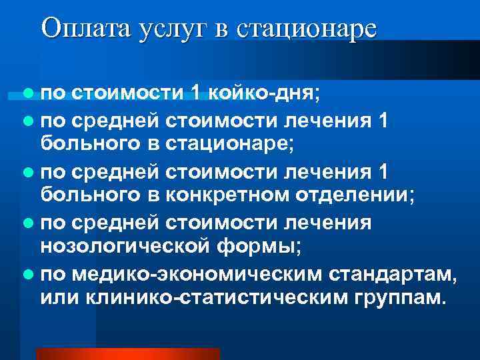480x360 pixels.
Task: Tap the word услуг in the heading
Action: click(x=173, y=29)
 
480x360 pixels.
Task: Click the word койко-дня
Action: click(x=265, y=92)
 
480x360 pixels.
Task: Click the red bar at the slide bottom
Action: click(x=127, y=354)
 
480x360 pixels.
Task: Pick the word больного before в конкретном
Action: click(x=91, y=195)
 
